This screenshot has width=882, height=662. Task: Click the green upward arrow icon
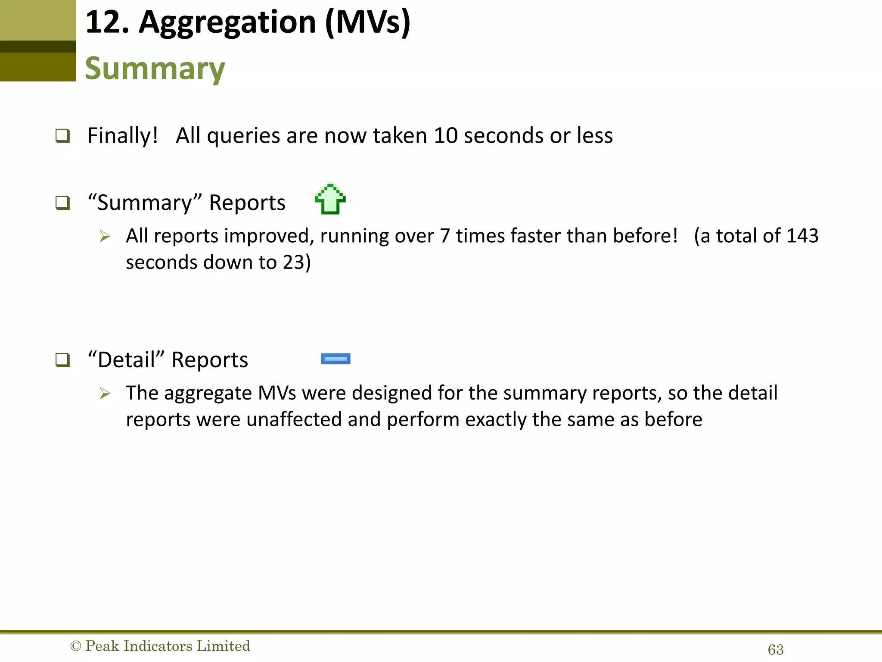(330, 199)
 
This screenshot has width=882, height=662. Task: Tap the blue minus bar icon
(335, 359)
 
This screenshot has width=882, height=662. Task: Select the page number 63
(776, 650)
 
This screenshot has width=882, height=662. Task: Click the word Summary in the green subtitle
(155, 69)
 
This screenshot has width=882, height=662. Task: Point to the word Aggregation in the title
(227, 22)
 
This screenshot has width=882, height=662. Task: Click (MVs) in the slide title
(368, 22)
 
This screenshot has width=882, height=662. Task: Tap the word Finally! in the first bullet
(123, 136)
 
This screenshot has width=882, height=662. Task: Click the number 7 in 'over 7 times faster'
(445, 236)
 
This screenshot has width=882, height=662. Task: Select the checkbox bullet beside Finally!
(63, 136)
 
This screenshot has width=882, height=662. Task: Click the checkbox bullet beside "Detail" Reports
(63, 360)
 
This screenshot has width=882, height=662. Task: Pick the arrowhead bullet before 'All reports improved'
(105, 236)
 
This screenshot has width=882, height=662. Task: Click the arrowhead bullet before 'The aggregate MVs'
(105, 393)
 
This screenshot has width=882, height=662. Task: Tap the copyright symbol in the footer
(75, 646)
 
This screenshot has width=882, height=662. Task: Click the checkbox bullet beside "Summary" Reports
(63, 203)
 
